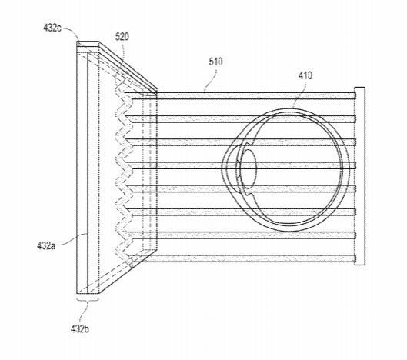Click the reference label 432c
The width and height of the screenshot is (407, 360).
(x=52, y=28)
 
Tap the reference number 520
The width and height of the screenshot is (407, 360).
(x=122, y=37)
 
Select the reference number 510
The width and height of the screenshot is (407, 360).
(x=215, y=62)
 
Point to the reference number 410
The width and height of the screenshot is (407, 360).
(x=305, y=75)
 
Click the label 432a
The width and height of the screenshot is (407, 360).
(x=46, y=245)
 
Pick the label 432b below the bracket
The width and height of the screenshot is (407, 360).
(x=80, y=329)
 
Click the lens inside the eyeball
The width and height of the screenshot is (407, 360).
(x=249, y=169)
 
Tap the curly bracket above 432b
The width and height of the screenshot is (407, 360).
(x=88, y=302)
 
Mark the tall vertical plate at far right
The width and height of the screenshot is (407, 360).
(x=360, y=176)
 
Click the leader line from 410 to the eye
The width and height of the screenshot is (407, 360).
(x=299, y=94)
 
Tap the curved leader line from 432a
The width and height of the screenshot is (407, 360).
(x=71, y=239)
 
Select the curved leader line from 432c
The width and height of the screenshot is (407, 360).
(x=71, y=32)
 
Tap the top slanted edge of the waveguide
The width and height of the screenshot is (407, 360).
(x=128, y=65)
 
